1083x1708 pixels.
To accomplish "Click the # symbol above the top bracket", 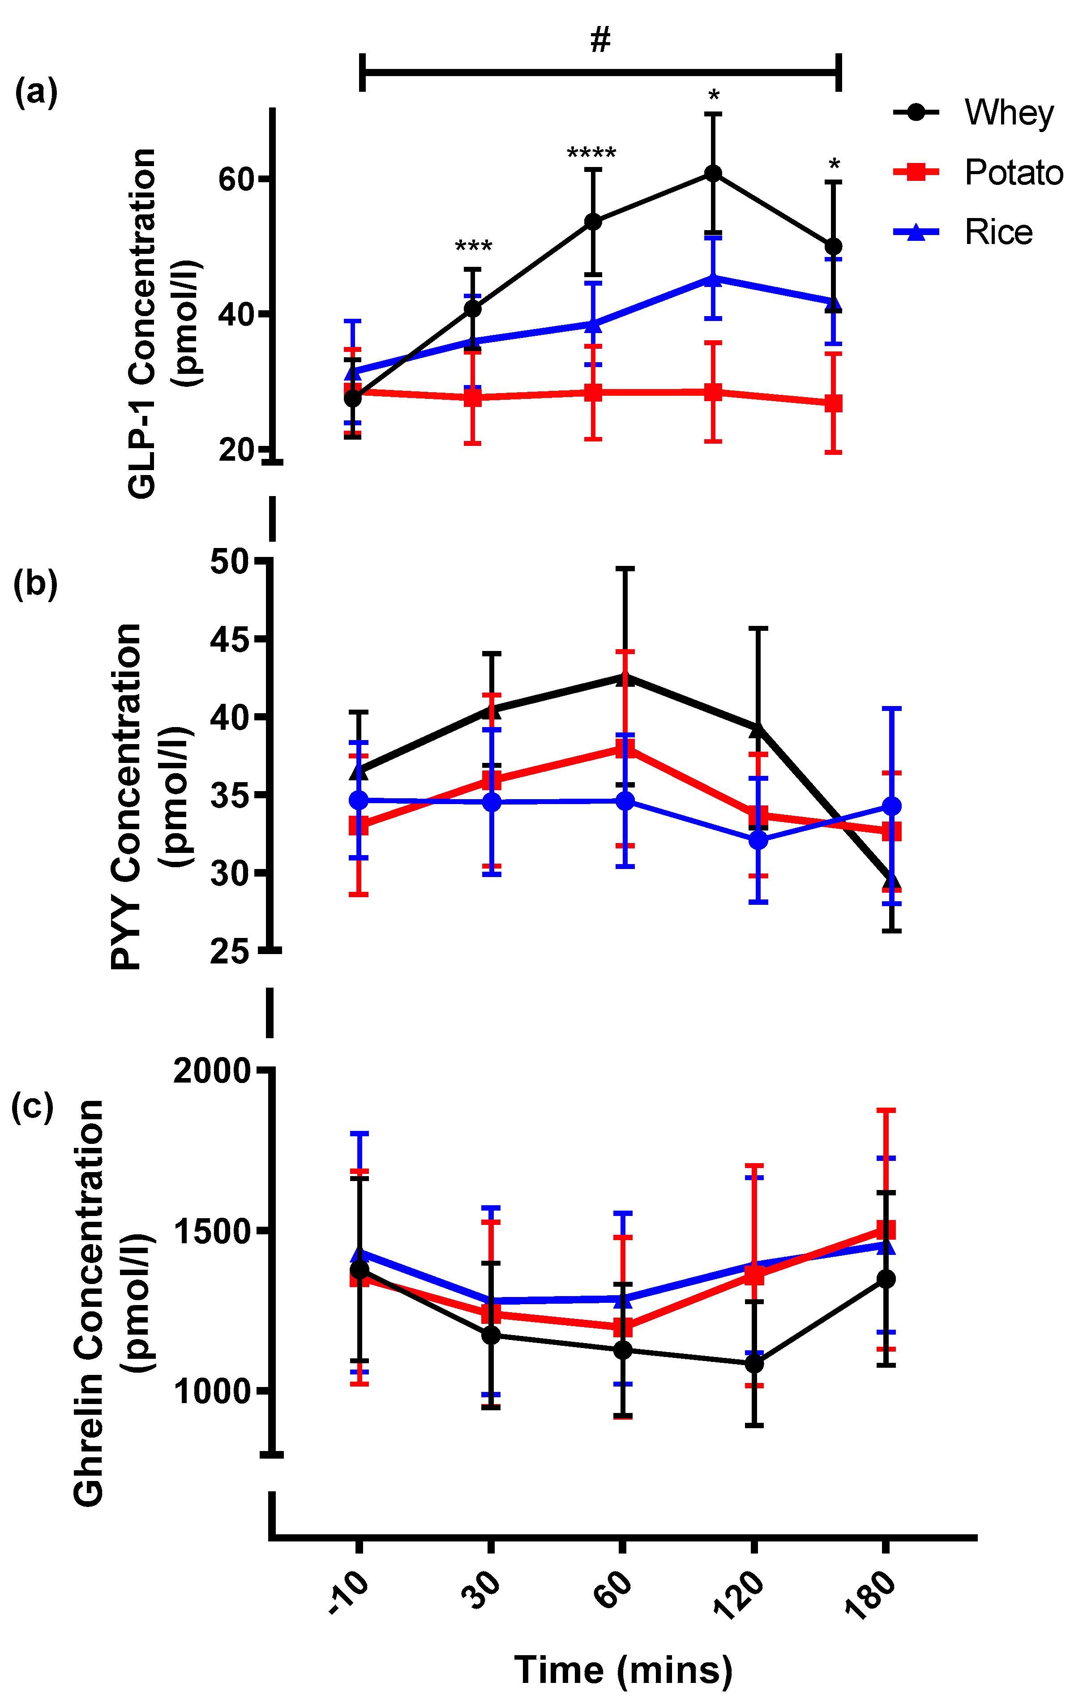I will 600,40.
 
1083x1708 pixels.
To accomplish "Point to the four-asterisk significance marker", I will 591,153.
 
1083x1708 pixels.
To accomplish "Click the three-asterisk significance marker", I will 473,247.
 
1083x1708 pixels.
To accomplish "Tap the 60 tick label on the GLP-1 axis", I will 236,180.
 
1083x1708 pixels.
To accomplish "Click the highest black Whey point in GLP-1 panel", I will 713,174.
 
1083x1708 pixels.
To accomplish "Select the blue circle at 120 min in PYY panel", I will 758,840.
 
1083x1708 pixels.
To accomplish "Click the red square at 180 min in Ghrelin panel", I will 886,1229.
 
